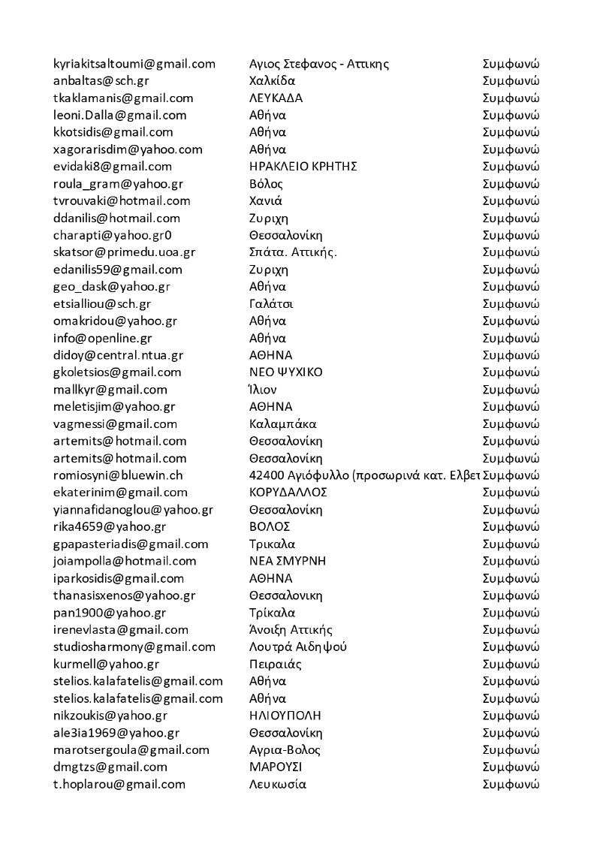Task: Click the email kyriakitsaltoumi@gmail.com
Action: pos(134,64)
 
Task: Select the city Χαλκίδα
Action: pos(272,81)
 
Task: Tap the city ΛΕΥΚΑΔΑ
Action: pos(276,98)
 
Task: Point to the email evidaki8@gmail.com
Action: pos(113,167)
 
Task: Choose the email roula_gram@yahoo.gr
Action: pos(118,184)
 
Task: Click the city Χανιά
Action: pos(266,201)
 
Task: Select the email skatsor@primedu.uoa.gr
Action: pos(125,252)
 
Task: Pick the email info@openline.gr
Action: pos(103,339)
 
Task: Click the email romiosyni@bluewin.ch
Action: pos(118,475)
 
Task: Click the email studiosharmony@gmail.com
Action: pos(134,647)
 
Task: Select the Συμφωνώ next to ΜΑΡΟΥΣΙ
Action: pos(511,767)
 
